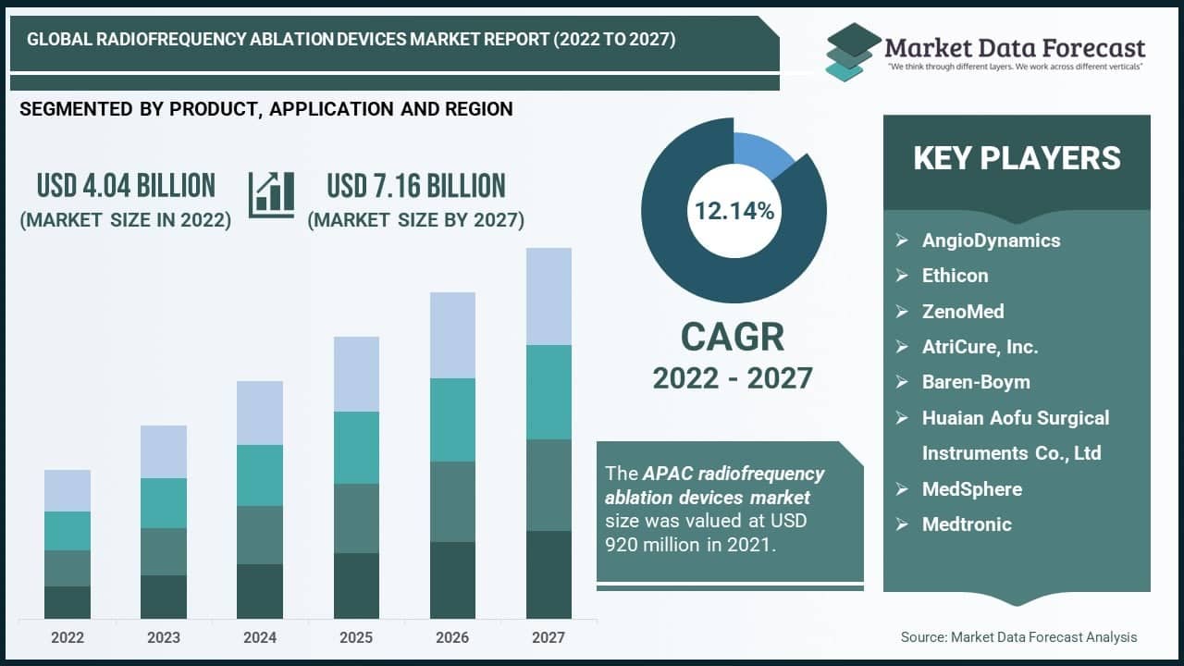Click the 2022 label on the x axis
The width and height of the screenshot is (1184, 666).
68,637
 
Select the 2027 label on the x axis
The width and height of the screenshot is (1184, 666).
549,637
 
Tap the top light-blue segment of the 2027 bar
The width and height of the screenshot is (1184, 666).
549,296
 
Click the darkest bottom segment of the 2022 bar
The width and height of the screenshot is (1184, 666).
68,602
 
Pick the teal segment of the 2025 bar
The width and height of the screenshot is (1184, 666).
356,448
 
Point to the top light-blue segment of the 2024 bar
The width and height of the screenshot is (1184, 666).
260,413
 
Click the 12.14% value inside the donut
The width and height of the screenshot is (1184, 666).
734,211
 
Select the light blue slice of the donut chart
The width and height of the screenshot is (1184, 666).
760,152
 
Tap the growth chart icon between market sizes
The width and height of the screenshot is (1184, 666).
271,194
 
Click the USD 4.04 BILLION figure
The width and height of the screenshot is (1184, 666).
126,185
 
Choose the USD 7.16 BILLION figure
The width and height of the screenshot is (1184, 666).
416,185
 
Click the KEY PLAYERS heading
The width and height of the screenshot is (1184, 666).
1017,158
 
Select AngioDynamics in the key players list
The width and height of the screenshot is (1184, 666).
991,240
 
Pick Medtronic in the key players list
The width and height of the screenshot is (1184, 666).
967,524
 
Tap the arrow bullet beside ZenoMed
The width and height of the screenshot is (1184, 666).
902,312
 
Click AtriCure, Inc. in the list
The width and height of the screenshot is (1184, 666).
980,347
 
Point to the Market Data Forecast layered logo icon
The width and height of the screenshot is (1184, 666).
850,51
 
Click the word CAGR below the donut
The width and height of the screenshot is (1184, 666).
733,338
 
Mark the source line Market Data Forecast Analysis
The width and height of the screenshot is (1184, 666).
1018,636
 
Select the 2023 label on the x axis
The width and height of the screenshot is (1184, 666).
164,637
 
